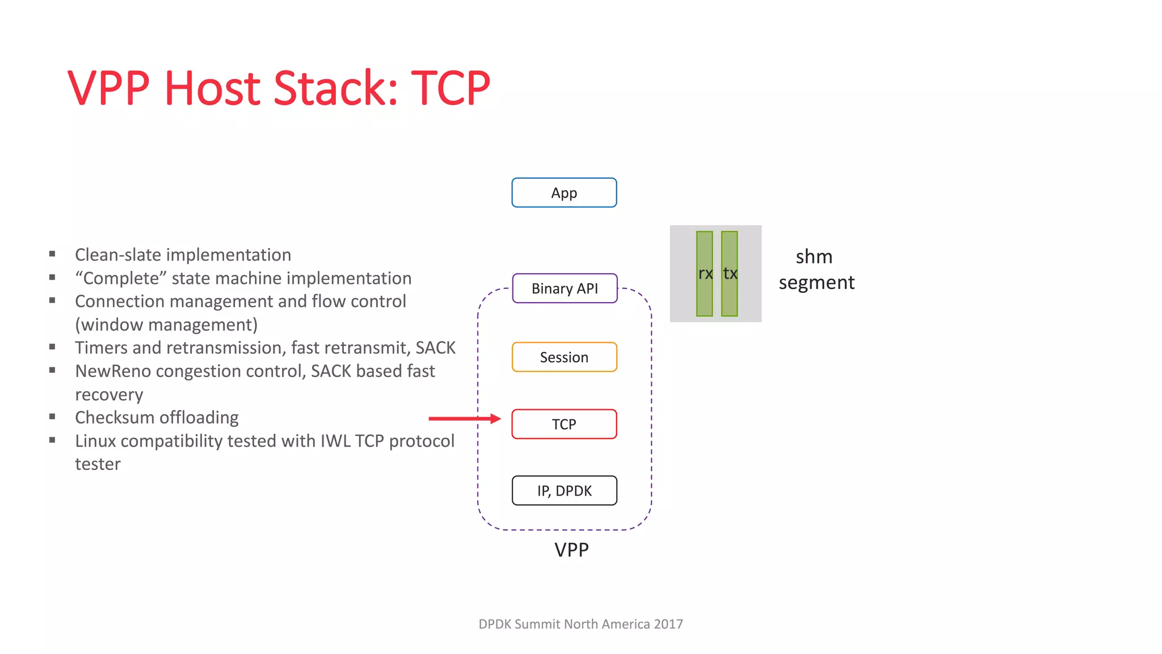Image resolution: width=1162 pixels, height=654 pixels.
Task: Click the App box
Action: (564, 193)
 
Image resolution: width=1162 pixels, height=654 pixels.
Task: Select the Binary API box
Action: (565, 288)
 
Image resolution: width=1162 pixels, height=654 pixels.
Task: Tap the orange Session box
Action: (564, 357)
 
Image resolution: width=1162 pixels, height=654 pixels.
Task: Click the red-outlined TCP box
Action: (564, 424)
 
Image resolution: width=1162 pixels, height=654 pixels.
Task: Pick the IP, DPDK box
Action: (564, 491)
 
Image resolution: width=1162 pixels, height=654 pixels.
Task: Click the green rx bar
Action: (704, 274)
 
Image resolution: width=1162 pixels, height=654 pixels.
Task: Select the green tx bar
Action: (730, 274)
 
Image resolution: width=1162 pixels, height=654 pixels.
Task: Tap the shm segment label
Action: (816, 269)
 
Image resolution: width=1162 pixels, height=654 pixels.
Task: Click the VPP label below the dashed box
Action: (571, 550)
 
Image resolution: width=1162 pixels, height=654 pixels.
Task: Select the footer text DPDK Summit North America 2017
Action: (580, 624)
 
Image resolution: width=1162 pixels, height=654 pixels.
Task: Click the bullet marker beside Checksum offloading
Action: (52, 417)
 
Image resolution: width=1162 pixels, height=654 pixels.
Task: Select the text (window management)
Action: (166, 325)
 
